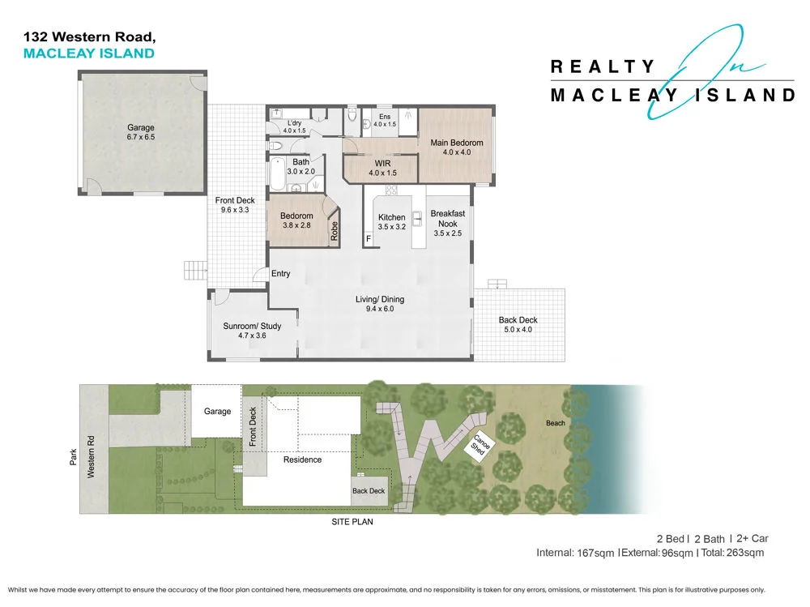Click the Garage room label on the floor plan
coord(140,132)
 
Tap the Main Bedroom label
coord(456,147)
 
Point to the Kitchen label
coord(391,222)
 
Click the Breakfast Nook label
coord(447,224)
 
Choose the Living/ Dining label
coord(379,304)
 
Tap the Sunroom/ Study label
coord(252,331)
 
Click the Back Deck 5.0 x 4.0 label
coord(518,325)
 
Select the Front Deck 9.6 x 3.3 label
coord(234,205)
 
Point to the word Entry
coord(280,274)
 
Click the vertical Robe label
coord(334,232)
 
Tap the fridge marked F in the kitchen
coord(369,240)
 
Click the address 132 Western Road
coord(89,36)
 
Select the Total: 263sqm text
coord(733,553)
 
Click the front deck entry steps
coord(194,268)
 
